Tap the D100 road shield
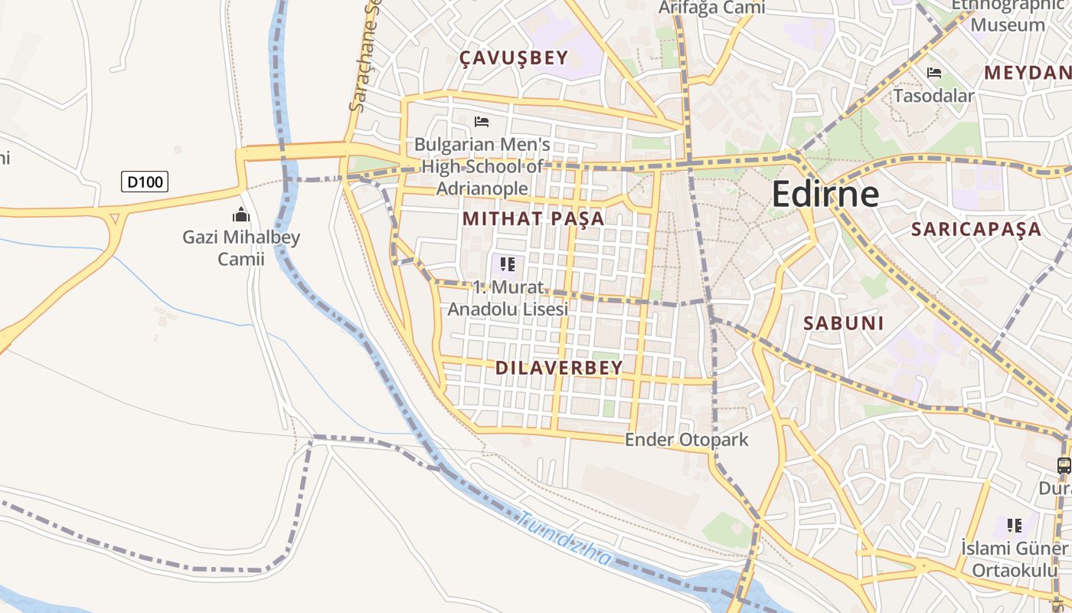pyautogui.click(x=145, y=182)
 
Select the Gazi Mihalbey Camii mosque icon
pyautogui.click(x=241, y=215)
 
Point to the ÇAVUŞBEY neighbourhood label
pyautogui.click(x=514, y=57)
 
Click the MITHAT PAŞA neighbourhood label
pyautogui.click(x=534, y=218)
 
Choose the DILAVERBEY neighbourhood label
pyautogui.click(x=559, y=368)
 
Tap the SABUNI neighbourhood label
pyautogui.click(x=843, y=323)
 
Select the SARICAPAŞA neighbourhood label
pyautogui.click(x=976, y=229)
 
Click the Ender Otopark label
pyautogui.click(x=686, y=440)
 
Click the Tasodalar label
pyautogui.click(x=933, y=96)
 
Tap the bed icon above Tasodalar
pyautogui.click(x=934, y=74)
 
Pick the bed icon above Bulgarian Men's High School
pyautogui.click(x=482, y=122)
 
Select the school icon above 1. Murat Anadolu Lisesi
pyautogui.click(x=507, y=265)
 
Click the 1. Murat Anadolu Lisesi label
pyautogui.click(x=508, y=298)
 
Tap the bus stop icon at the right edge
pyautogui.click(x=1064, y=465)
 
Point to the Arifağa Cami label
pyautogui.click(x=712, y=8)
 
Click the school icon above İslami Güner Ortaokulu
pyautogui.click(x=1015, y=526)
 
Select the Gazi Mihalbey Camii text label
pyautogui.click(x=241, y=247)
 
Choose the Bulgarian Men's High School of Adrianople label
pyautogui.click(x=482, y=166)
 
